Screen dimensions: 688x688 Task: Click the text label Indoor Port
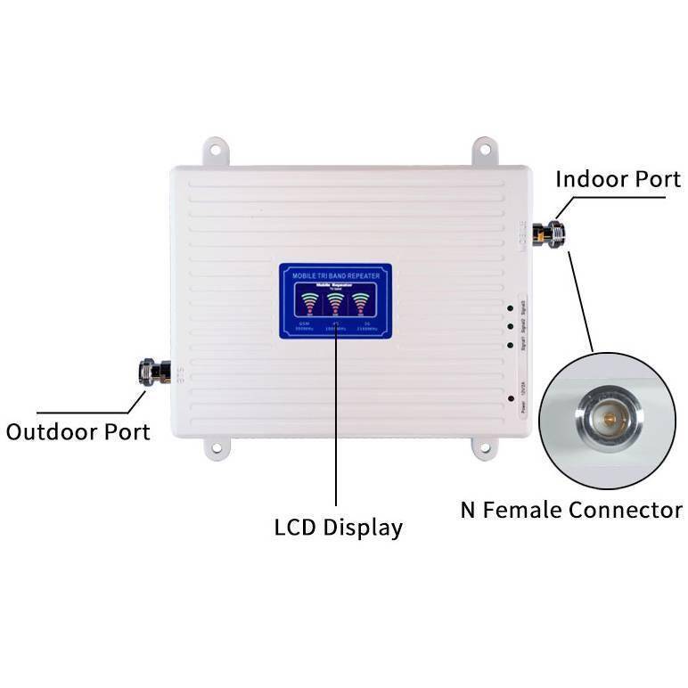coord(618,178)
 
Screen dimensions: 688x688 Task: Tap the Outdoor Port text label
coord(78,431)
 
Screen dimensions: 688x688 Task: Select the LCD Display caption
coord(338,527)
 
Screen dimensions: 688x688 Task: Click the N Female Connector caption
coord(570,510)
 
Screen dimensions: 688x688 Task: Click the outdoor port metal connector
coord(154,372)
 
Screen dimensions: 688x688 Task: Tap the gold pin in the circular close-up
coord(608,417)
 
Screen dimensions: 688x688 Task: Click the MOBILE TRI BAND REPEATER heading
coord(335,277)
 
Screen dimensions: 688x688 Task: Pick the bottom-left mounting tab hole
coord(216,448)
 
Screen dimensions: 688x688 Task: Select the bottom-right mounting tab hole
coord(485,448)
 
